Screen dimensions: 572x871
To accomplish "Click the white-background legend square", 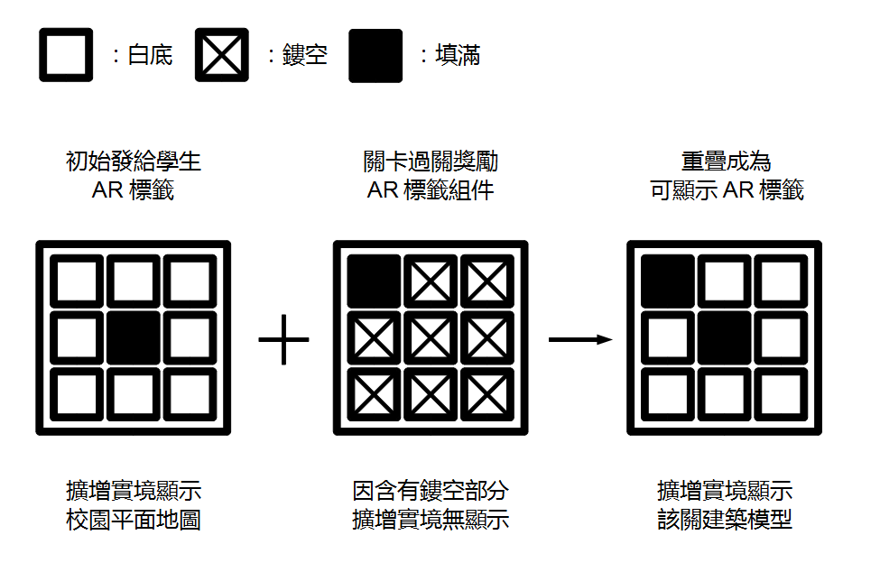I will point(66,55).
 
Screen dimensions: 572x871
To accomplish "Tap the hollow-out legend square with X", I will point(222,55).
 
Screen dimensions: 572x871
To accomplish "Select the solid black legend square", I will point(375,55).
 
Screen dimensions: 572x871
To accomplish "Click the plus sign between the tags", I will point(283,340).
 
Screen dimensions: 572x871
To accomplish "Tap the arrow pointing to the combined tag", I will point(579,340).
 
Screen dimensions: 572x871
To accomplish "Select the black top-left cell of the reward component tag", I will point(375,281).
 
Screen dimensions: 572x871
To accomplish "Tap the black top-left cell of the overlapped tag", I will point(668,281).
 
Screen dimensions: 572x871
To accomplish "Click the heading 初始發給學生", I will point(134,162).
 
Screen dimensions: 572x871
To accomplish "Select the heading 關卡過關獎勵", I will point(431,162).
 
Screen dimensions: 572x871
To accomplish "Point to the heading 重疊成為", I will point(726,162).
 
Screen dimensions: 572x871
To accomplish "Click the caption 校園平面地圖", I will point(134,521).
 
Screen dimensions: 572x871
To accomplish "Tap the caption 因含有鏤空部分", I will point(431,492).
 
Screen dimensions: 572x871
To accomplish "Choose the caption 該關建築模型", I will point(726,521).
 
